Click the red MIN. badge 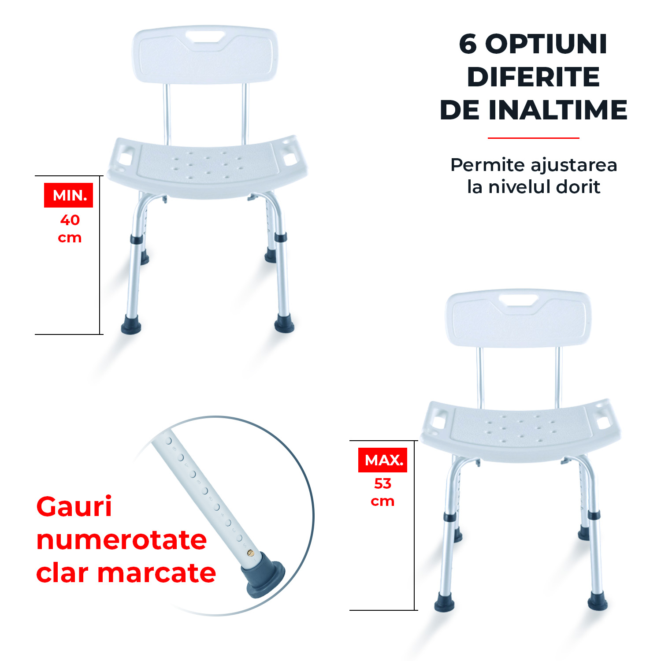pyautogui.click(x=68, y=195)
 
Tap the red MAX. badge pyautogui.click(x=382, y=460)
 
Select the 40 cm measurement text pyautogui.click(x=70, y=229)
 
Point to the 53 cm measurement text pyautogui.click(x=382, y=492)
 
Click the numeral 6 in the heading pyautogui.click(x=468, y=44)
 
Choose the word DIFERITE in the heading pyautogui.click(x=533, y=77)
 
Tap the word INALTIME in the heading pyautogui.click(x=558, y=110)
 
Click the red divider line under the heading pyautogui.click(x=533, y=138)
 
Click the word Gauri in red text pyautogui.click(x=74, y=507)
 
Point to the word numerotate pyautogui.click(x=122, y=540)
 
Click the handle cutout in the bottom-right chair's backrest pyautogui.click(x=518, y=301)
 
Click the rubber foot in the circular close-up pyautogui.click(x=263, y=575)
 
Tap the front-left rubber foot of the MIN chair pyautogui.click(x=131, y=324)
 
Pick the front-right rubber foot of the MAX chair pyautogui.click(x=598, y=601)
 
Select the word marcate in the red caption pyautogui.click(x=156, y=573)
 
